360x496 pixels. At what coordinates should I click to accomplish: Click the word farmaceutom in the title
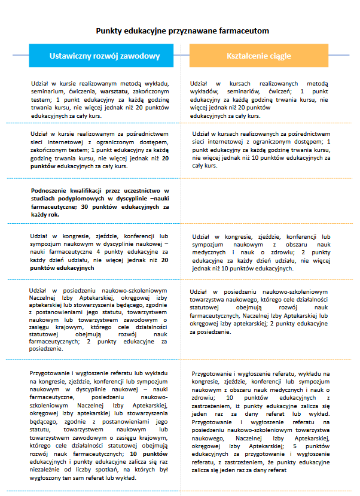248,31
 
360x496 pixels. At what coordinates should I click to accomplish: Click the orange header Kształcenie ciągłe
259,56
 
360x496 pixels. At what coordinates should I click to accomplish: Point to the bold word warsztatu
117,90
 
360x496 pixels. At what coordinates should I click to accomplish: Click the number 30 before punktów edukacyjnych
84,207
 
